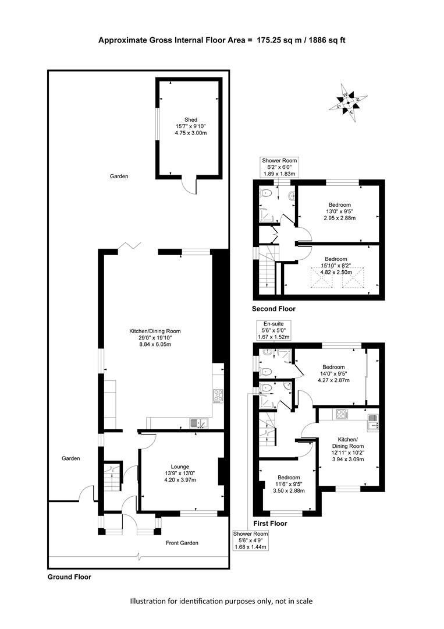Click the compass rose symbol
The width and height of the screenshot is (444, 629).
348,103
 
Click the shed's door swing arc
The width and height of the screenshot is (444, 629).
188,186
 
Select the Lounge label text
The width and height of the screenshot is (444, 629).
180,467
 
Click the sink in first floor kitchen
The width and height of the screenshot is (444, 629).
374,422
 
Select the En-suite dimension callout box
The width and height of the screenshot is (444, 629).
273,331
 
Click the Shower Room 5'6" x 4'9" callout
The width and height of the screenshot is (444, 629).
251,540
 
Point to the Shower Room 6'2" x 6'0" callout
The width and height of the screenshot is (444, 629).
279,167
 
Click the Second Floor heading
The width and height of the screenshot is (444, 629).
273,309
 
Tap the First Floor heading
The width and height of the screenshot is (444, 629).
270,524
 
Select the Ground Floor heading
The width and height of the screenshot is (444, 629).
69,577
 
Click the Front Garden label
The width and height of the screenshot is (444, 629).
182,543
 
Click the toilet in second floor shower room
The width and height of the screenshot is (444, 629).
266,193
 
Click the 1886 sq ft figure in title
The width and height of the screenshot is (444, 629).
326,40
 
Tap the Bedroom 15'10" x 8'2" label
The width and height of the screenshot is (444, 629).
336,266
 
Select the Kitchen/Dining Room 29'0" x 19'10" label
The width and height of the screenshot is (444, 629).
155,338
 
